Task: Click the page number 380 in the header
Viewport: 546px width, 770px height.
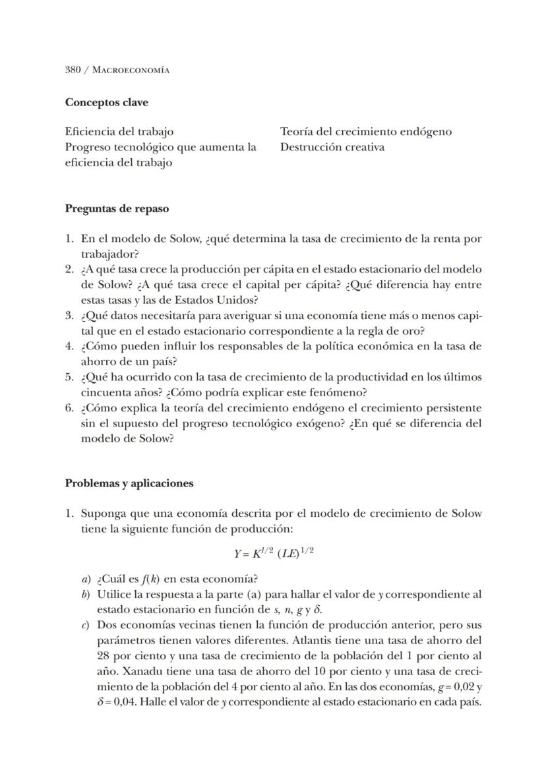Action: [73, 70]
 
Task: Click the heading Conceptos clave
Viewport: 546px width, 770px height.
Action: [106, 103]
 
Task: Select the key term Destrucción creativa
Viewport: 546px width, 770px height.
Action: [332, 147]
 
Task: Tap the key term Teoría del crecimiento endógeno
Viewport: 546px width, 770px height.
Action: [366, 131]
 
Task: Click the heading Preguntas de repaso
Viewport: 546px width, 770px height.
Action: [117, 209]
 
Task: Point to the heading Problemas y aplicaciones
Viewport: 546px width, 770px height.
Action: [129, 483]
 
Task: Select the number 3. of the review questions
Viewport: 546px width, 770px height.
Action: [69, 316]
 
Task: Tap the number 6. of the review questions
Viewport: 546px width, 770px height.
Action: [69, 408]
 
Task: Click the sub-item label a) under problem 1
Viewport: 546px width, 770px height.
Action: [86, 579]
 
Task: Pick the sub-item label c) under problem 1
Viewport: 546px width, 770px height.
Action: [86, 624]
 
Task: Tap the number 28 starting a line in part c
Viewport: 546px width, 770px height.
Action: [103, 656]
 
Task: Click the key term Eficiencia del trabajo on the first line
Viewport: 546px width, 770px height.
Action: [119, 131]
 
